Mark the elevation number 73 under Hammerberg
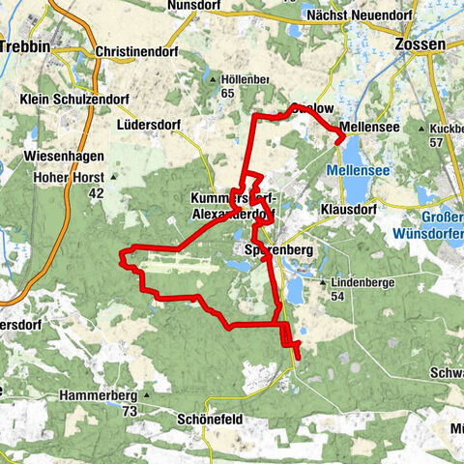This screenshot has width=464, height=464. point(130,412)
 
